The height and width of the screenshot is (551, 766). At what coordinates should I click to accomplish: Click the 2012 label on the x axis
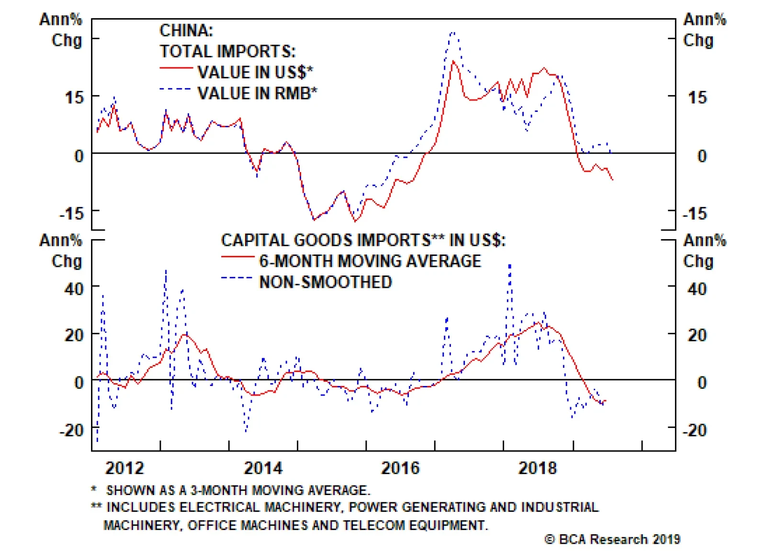[124, 467]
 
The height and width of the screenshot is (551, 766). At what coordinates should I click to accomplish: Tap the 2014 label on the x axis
[263, 467]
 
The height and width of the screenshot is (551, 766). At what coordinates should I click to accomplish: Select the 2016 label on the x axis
[400, 467]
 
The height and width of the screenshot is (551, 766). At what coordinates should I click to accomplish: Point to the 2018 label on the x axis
[538, 467]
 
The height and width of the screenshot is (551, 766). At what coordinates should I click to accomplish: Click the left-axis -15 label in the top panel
[71, 213]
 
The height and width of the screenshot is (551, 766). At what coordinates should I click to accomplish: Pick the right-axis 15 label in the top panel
[697, 98]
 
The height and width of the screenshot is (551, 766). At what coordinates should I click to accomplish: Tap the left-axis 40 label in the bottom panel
[74, 289]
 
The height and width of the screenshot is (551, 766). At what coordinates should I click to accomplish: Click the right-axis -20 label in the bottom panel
[694, 430]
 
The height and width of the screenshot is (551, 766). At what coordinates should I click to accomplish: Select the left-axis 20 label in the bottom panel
[74, 335]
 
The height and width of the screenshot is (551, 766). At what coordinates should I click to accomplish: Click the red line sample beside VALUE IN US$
[176, 68]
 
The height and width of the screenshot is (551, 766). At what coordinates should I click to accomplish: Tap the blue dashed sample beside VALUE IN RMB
[176, 89]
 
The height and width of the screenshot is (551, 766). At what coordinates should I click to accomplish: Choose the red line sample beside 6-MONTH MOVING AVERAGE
[237, 257]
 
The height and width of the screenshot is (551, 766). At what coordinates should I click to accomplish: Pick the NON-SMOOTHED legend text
[325, 282]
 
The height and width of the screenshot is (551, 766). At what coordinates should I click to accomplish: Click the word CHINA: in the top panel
[186, 31]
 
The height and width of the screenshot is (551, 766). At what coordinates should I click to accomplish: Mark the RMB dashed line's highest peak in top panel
[453, 33]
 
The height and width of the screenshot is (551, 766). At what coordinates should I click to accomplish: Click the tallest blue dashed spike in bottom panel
[510, 264]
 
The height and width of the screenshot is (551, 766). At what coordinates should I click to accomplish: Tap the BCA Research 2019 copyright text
[612, 539]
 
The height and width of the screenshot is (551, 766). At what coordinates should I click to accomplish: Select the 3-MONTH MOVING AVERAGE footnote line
[237, 490]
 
